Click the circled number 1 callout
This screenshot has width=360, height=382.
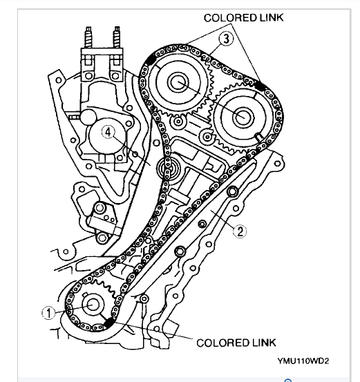point(48,313)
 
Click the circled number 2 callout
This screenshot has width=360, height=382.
point(240,231)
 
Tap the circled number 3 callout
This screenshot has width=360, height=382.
point(226,39)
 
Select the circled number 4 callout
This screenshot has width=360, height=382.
point(108,133)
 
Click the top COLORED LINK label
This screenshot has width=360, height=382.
point(243,18)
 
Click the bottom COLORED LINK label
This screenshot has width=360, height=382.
point(236,343)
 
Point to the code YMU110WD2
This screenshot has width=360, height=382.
point(303,361)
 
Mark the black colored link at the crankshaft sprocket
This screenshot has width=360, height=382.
point(108,323)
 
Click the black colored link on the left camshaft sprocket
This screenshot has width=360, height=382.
point(151,59)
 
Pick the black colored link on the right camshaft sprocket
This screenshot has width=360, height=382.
point(260,86)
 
